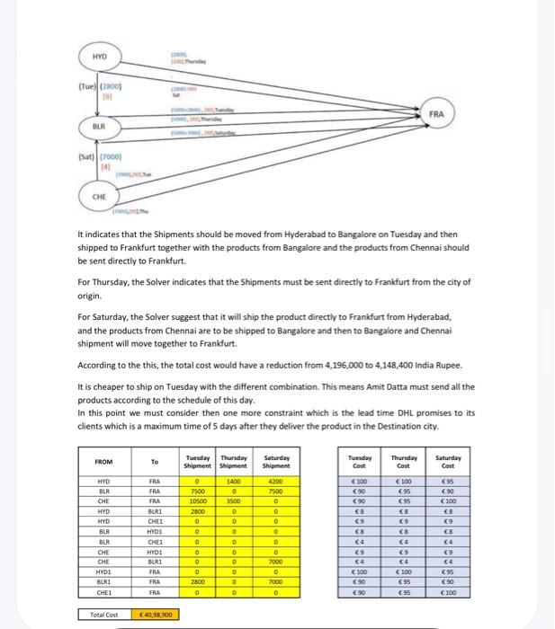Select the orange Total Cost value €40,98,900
[157, 616]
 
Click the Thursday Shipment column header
[234, 462]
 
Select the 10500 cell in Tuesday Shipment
[196, 501]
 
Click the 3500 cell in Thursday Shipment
[234, 501]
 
